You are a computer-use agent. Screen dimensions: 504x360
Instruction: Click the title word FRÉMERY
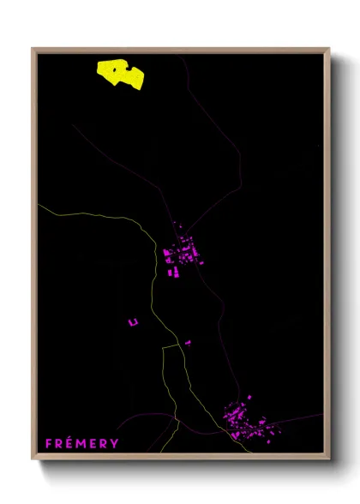(x=82, y=443)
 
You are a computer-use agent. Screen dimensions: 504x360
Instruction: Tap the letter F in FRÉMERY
(x=50, y=443)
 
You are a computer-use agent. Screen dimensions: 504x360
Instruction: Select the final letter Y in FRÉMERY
(x=115, y=443)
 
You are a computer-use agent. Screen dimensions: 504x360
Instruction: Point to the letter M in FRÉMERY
(x=82, y=443)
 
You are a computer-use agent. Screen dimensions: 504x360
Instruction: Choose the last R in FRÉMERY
(x=104, y=443)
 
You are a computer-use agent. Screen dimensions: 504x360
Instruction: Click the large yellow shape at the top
(x=121, y=74)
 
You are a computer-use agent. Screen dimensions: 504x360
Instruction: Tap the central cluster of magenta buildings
(x=183, y=255)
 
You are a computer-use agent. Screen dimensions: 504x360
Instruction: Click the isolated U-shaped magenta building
(x=133, y=321)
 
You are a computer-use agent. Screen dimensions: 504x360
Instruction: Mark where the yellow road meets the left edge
(x=39, y=205)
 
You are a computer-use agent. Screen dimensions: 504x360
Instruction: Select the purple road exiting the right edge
(x=321, y=415)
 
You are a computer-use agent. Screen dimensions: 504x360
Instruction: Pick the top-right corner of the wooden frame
(x=329, y=48)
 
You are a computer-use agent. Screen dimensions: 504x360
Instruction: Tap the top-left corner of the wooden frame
(x=33, y=48)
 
